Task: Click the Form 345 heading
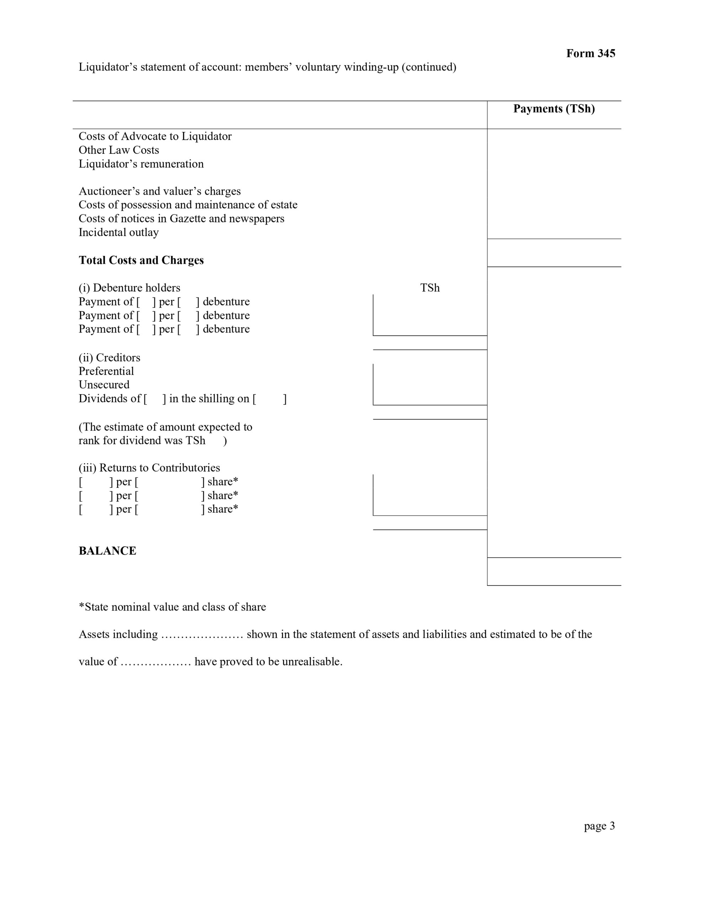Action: [x=590, y=53]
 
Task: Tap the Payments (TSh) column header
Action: [x=554, y=109]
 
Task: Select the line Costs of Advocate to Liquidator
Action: [x=155, y=136]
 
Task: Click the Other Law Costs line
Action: [x=119, y=150]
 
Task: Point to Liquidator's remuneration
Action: [x=141, y=164]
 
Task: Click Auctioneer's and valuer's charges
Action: [x=159, y=191]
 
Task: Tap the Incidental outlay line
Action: [x=119, y=232]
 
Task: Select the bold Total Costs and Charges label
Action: [x=141, y=260]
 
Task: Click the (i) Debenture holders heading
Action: [x=129, y=288]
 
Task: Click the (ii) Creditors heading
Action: [x=109, y=358]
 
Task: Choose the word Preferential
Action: [x=106, y=371]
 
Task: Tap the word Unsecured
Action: [x=104, y=385]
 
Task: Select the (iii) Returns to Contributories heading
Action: [x=149, y=468]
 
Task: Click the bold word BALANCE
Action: [x=107, y=551]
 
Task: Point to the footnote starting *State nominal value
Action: [x=172, y=607]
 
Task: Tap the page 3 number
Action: [x=599, y=826]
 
